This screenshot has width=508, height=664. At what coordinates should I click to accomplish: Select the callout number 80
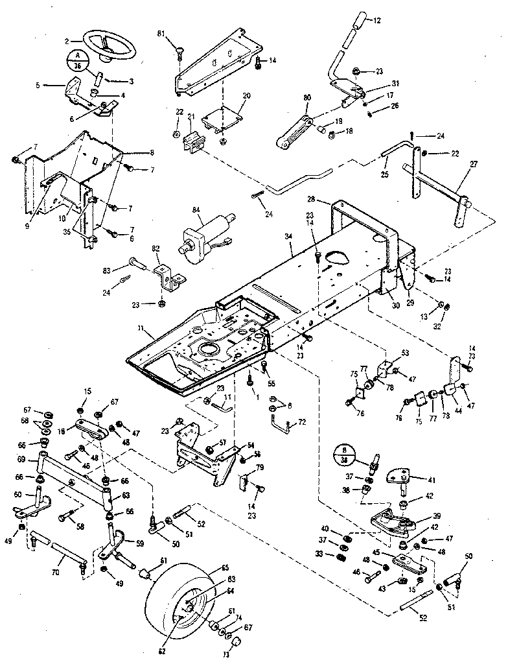pos(307,99)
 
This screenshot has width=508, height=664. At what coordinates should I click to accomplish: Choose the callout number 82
pos(156,248)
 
